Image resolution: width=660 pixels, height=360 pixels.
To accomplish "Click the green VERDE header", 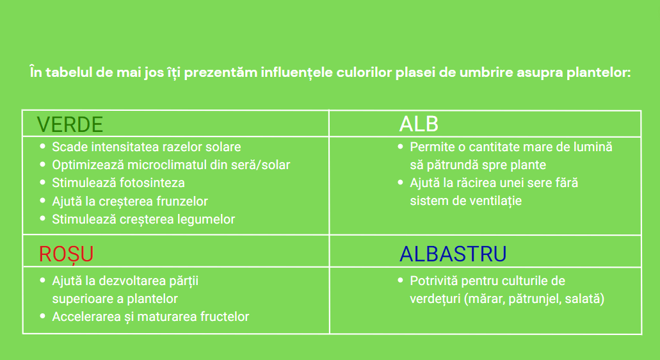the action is tap(70, 125).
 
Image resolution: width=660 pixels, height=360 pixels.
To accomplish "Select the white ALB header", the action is tap(419, 124).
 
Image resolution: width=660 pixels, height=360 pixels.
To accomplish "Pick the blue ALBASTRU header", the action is tap(453, 254).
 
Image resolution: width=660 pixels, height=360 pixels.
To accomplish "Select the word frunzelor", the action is tap(182, 201).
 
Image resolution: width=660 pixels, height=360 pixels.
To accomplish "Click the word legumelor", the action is tap(208, 219).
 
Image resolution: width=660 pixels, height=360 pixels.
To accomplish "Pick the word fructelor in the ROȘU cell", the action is tap(225, 316).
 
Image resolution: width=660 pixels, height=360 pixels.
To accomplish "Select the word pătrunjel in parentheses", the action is tap(535, 299).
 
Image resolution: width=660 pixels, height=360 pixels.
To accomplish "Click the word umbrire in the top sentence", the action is tap(486, 72).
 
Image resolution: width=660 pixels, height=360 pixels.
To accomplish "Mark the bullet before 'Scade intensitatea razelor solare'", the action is tap(42, 147).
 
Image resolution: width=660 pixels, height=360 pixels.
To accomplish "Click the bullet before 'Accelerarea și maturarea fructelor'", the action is tap(42, 316).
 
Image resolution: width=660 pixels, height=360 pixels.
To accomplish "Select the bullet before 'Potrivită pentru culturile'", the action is tap(400, 281).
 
